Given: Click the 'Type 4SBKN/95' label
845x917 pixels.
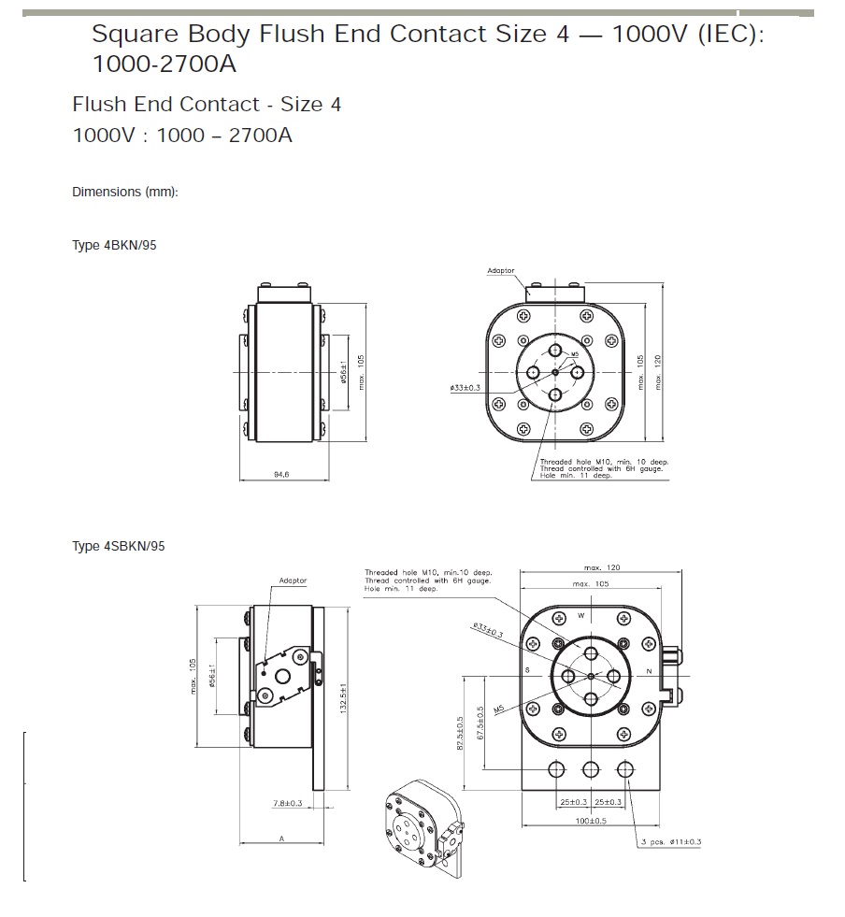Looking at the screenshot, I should [x=118, y=546].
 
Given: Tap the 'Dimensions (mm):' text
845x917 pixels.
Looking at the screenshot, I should [x=124, y=192].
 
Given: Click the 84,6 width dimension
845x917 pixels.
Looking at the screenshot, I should [x=281, y=475].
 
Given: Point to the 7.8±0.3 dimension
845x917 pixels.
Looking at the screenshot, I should [x=287, y=803].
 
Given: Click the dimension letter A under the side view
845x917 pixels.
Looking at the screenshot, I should [x=281, y=838].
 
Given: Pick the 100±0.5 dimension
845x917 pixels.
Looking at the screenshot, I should [x=592, y=821].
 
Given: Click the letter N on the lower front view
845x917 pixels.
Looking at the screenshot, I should [x=649, y=671].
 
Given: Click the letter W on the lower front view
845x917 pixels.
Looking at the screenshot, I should [x=580, y=615].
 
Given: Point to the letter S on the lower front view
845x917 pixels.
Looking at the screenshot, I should [x=527, y=671].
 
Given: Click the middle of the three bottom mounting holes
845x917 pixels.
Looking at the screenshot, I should [x=591, y=770].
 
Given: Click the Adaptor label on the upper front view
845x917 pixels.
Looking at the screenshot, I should [x=501, y=270].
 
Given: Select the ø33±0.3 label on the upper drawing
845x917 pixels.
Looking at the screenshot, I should [x=465, y=387].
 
